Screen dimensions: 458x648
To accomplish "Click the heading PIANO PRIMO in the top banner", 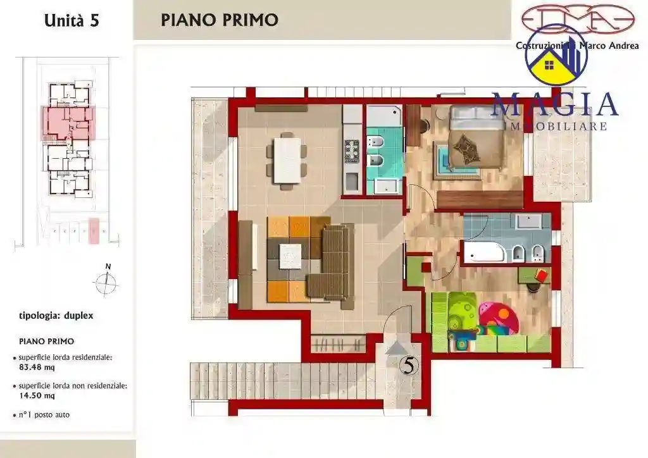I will (x=219, y=20).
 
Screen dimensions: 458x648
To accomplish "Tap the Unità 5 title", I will (x=72, y=20).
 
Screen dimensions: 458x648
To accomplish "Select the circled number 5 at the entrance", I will (x=409, y=366).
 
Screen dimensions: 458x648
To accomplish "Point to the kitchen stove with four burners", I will (x=351, y=150).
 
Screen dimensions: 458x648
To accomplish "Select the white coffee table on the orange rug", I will (x=290, y=256).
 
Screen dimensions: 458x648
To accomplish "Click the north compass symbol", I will (x=107, y=282).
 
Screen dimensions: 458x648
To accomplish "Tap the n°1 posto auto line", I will (x=44, y=415).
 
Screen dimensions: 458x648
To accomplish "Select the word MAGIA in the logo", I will (x=554, y=104).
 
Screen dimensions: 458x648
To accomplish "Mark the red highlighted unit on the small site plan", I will (x=68, y=122).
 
